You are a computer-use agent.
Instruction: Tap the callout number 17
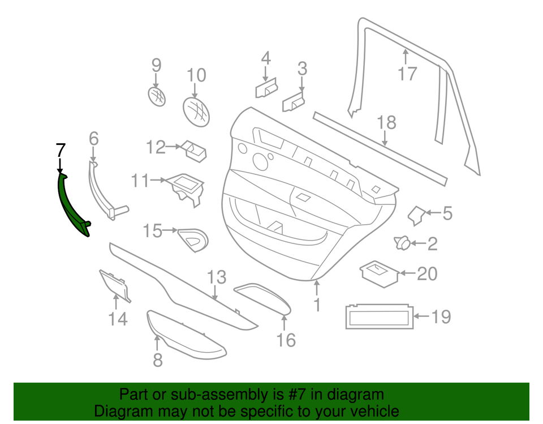pos(407,74)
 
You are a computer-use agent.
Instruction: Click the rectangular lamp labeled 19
pos(378,316)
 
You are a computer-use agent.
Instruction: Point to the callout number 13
pos(216,277)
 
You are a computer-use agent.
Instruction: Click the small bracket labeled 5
pos(417,215)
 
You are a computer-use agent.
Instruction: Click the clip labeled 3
pos(294,102)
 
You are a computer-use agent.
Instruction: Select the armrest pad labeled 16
pos(264,298)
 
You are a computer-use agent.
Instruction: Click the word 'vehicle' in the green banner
pos(370,411)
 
